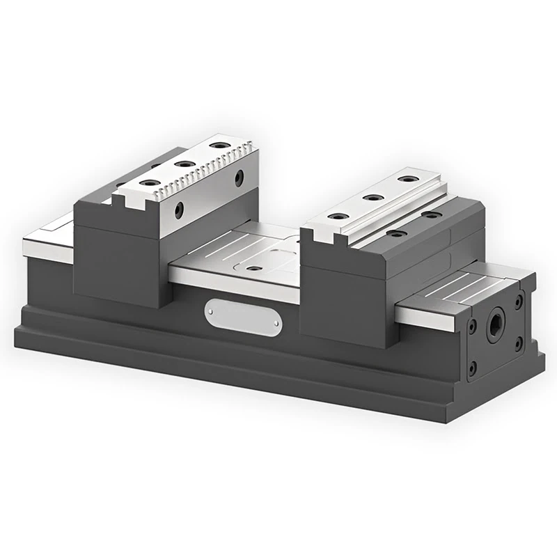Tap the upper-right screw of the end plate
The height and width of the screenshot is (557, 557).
click(x=519, y=301)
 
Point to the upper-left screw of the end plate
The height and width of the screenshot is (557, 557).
click(x=473, y=325)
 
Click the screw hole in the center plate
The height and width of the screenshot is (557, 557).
click(x=255, y=267)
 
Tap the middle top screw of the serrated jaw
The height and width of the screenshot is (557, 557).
click(x=185, y=164)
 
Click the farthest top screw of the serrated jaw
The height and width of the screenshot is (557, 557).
click(x=219, y=146)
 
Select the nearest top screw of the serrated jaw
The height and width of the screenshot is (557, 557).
click(x=149, y=182)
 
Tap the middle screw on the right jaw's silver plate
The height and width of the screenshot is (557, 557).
click(x=373, y=198)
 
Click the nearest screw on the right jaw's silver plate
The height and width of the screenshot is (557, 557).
click(x=338, y=217)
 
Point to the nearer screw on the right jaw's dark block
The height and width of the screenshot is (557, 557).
click(x=396, y=233)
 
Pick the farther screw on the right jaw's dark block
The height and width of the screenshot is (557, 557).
click(x=431, y=215)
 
